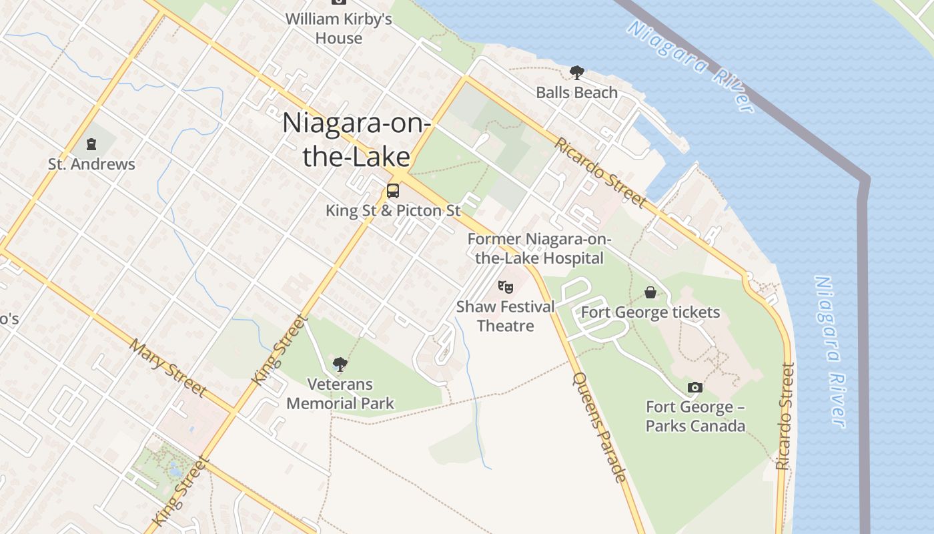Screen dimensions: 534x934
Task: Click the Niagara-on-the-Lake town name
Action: click(x=356, y=140)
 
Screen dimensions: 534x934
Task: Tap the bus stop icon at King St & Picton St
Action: click(x=393, y=191)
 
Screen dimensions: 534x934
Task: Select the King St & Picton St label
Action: click(x=393, y=210)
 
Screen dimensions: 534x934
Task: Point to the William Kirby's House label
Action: click(x=339, y=29)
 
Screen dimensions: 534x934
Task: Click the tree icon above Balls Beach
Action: click(x=576, y=72)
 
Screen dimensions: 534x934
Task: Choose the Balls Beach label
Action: click(x=576, y=92)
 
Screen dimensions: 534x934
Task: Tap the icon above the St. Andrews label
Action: click(x=91, y=144)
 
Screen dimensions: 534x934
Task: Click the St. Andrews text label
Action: click(x=91, y=164)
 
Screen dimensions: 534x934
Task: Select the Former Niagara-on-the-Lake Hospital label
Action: click(x=539, y=248)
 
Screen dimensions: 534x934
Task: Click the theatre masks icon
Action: click(x=506, y=287)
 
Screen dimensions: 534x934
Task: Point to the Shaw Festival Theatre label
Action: click(x=506, y=316)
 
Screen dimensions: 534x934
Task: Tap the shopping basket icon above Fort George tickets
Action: click(x=650, y=292)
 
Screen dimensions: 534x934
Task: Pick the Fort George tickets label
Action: click(x=650, y=312)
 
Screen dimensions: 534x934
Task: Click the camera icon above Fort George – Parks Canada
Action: click(x=694, y=387)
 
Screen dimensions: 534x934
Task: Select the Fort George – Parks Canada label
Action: click(x=695, y=416)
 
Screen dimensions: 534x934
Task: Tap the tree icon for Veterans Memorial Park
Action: click(x=340, y=364)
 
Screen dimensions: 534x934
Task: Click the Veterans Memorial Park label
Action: click(x=340, y=394)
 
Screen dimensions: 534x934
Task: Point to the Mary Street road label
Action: click(x=168, y=368)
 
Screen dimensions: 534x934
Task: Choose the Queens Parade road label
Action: click(x=600, y=427)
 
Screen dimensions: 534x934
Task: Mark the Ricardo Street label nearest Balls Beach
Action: click(x=600, y=172)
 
